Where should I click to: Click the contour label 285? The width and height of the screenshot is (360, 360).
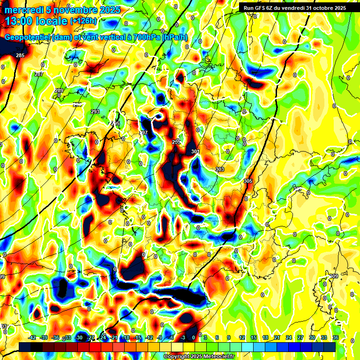[x=20, y=56]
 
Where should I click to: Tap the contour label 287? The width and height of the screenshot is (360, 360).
[x=38, y=74]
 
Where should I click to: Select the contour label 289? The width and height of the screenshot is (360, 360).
[x=59, y=90]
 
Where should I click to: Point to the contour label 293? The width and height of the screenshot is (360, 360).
[x=95, y=112]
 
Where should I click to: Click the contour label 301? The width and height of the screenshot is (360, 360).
[x=195, y=151]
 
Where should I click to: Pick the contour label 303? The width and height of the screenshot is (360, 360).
[x=219, y=169]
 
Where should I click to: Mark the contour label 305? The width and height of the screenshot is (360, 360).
[x=248, y=181]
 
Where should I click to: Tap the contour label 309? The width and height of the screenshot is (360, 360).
[x=334, y=276]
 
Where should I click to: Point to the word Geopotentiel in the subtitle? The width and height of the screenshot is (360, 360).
[x=28, y=37]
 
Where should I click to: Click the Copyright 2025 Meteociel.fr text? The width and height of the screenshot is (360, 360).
[x=199, y=356]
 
